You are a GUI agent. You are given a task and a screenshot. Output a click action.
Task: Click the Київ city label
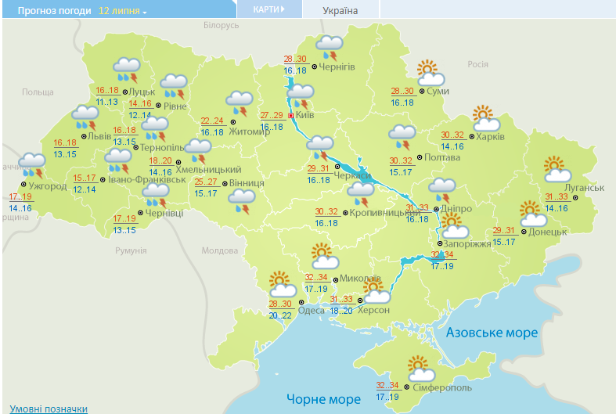[x=305, y=116]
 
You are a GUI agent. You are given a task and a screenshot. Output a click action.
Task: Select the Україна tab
[x=340, y=11]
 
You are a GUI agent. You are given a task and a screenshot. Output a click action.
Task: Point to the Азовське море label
[x=492, y=333]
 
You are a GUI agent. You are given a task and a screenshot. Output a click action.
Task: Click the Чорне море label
[x=323, y=399]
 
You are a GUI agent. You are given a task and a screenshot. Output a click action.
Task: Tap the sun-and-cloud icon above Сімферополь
[x=420, y=366]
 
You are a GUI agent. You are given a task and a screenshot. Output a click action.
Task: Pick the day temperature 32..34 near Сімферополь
[x=387, y=385]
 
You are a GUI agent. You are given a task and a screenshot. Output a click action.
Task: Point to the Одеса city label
[x=312, y=311]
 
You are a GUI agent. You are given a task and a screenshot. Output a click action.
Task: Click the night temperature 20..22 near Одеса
[x=280, y=315]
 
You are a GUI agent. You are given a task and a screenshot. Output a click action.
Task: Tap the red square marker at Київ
[x=292, y=116]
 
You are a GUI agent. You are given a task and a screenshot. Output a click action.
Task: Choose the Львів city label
[x=99, y=135]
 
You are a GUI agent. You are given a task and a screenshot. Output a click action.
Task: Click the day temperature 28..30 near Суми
[x=402, y=92]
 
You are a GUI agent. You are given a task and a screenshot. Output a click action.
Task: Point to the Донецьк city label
[x=547, y=232]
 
